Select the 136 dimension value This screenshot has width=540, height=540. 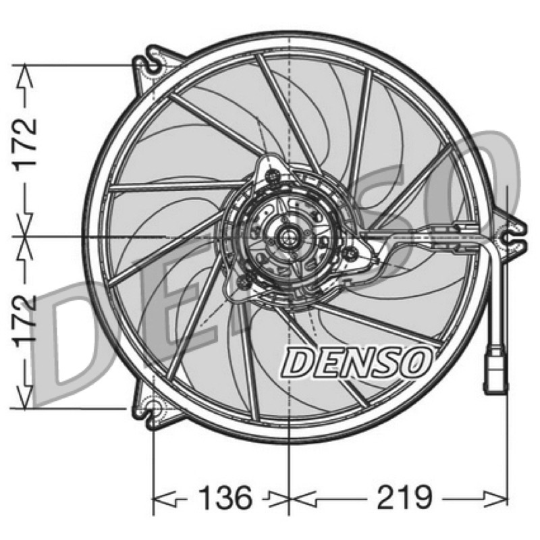pyautogui.click(x=225, y=497)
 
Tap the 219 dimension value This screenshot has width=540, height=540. pyautogui.click(x=404, y=497)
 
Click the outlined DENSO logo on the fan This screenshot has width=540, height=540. pyautogui.click(x=356, y=362)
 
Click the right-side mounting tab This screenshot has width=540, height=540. pyautogui.click(x=514, y=238)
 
